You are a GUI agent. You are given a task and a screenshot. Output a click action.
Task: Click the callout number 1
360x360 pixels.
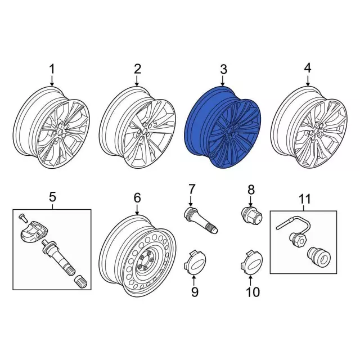tap(52, 69)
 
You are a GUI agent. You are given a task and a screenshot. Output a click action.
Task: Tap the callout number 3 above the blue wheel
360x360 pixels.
tap(223, 69)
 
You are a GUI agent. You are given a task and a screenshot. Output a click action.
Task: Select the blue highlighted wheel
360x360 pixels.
tap(223, 127)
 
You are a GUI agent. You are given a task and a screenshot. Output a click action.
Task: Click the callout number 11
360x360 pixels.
tap(305, 199)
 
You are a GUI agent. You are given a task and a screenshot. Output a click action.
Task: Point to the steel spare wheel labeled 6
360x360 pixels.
tap(138, 256)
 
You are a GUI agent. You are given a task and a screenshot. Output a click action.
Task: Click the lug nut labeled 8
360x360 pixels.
tap(253, 215)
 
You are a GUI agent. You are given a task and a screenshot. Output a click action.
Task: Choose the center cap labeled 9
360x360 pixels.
tap(195, 262)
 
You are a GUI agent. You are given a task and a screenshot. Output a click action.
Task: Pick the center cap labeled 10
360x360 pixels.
tap(251, 262)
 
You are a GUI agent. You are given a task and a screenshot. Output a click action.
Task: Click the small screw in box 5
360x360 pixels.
tap(22, 217)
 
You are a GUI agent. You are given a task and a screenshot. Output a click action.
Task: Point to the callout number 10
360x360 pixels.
tap(253, 292)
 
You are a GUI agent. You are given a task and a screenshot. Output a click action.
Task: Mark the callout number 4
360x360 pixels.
tap(308, 69)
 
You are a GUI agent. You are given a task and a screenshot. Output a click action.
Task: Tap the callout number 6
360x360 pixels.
tap(137, 198)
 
